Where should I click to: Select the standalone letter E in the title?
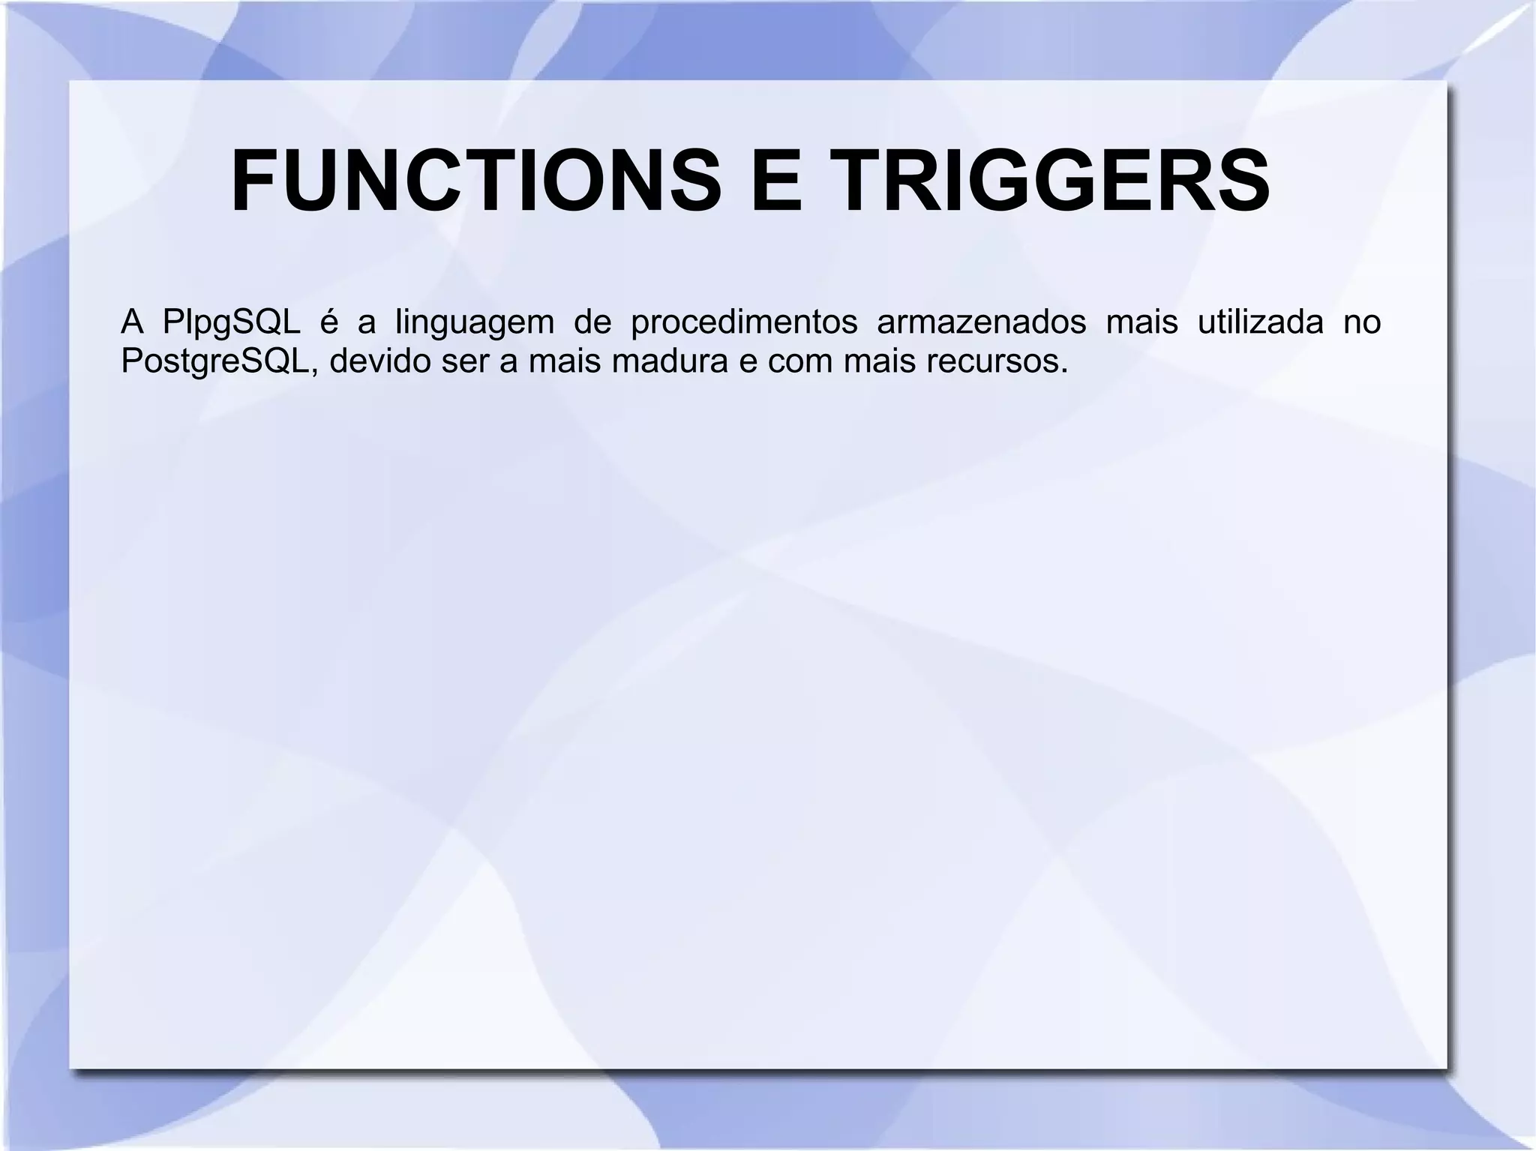tap(775, 181)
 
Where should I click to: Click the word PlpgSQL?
tap(231, 323)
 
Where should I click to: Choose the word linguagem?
tap(474, 323)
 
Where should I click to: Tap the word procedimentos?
tap(744, 323)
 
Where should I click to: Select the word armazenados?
tap(981, 323)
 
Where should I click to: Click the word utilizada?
tap(1260, 323)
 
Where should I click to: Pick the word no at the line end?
tap(1362, 323)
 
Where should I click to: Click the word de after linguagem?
tap(592, 323)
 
